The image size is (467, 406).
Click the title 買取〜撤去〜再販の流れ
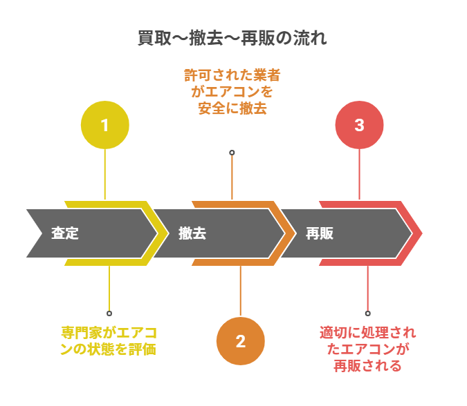(232, 39)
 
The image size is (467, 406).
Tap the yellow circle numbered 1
(105, 125)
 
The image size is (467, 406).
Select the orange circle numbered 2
(241, 340)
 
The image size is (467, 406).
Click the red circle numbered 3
(359, 125)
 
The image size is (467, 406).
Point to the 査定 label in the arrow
(65, 233)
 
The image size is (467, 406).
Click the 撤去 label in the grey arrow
(192, 233)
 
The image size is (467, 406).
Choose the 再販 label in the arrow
(320, 233)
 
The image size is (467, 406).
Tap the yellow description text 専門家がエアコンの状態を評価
(108, 340)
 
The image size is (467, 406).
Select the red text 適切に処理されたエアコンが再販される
(367, 349)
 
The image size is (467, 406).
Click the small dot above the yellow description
(109, 313)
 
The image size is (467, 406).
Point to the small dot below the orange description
(232, 153)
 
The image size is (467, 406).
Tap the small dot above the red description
(367, 313)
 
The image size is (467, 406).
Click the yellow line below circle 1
(105, 173)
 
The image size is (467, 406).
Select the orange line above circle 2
(241, 290)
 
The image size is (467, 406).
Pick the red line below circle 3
(359, 173)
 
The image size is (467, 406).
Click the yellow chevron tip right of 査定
(163, 233)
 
